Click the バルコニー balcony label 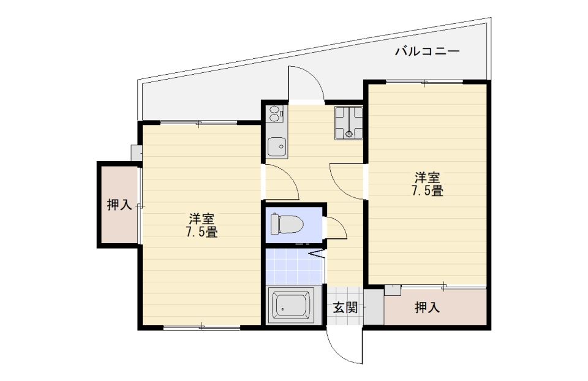[427, 51]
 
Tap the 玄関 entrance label [345, 308]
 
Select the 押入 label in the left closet [119, 205]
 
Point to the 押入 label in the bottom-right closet [427, 308]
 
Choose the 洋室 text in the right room [428, 178]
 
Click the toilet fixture [287, 224]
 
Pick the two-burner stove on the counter [275, 113]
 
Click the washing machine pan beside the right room [349, 123]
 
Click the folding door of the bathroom [317, 254]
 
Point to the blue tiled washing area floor [294, 266]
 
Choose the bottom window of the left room [202, 327]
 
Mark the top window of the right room [424, 82]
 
